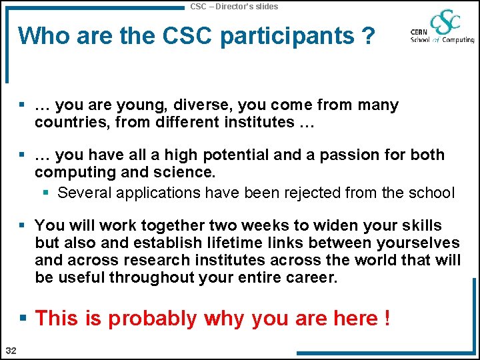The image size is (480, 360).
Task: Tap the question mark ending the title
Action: click(x=367, y=35)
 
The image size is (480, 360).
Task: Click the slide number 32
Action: click(x=11, y=351)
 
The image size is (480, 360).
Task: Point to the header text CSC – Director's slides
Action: click(x=234, y=6)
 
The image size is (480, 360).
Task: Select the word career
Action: click(x=312, y=277)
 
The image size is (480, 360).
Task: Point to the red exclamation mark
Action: click(x=387, y=318)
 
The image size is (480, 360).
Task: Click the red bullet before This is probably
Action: click(x=25, y=318)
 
